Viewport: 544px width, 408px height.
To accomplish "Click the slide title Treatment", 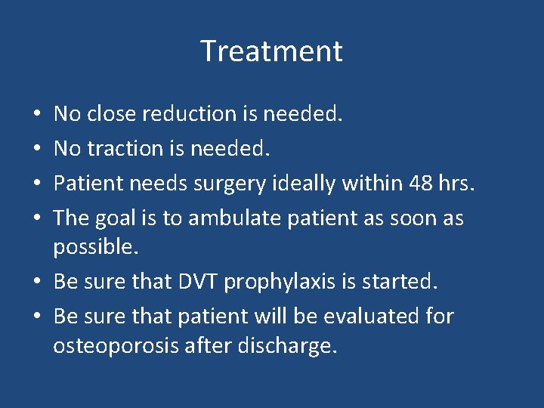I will point(271,51).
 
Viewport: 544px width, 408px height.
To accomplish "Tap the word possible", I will point(97,247).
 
